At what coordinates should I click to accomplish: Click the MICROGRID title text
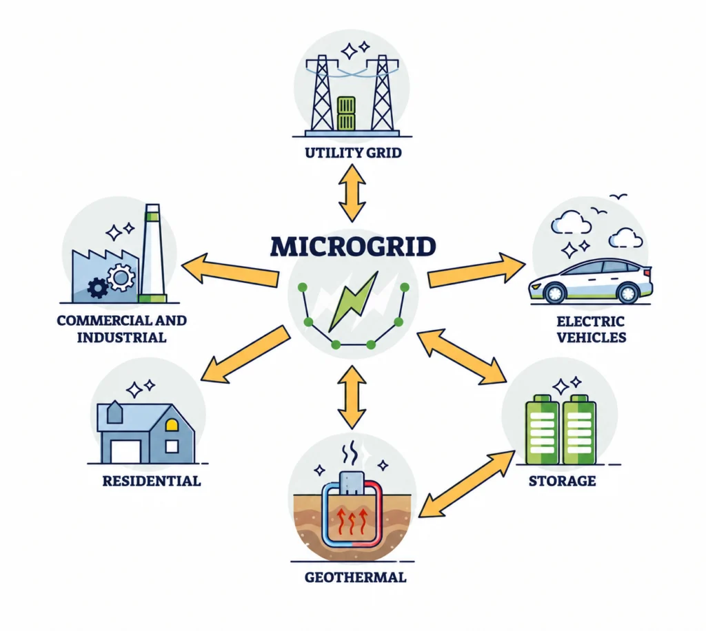tap(353, 247)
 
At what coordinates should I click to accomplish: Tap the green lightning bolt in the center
tap(354, 301)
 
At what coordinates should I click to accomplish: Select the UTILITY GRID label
tap(353, 153)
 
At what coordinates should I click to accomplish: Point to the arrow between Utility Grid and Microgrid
tap(352, 193)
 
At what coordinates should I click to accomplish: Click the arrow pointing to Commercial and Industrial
tap(230, 270)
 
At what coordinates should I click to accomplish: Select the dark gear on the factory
tap(98, 288)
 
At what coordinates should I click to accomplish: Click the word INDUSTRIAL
tap(121, 338)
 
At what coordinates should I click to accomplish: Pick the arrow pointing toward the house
tap(245, 355)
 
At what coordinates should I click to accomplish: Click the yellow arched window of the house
tap(172, 424)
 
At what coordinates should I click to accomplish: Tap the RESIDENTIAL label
tap(151, 482)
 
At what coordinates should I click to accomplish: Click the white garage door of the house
tap(126, 451)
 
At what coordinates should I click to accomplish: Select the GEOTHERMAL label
tap(355, 577)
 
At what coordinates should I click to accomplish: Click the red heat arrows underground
tap(352, 521)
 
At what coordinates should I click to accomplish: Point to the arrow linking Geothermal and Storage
tap(467, 484)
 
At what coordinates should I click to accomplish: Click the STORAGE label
tap(562, 482)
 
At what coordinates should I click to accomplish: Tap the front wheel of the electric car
tap(555, 293)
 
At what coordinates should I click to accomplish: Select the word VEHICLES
tap(591, 338)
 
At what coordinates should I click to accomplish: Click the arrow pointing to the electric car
tap(476, 271)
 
